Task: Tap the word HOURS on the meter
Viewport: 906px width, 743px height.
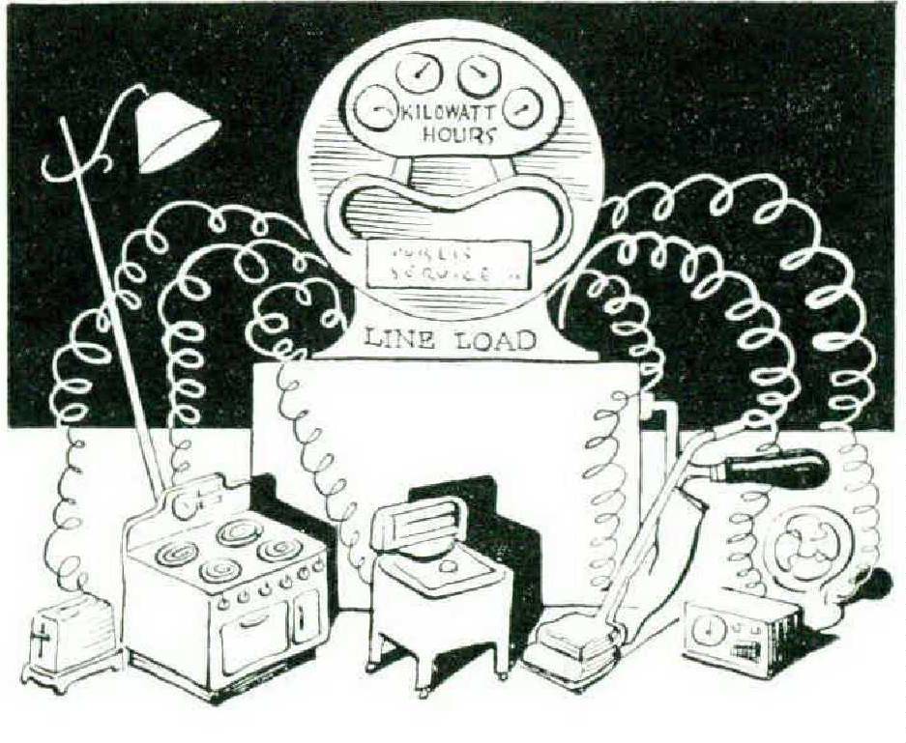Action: [461, 134]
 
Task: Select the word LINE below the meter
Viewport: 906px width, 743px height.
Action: [396, 339]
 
